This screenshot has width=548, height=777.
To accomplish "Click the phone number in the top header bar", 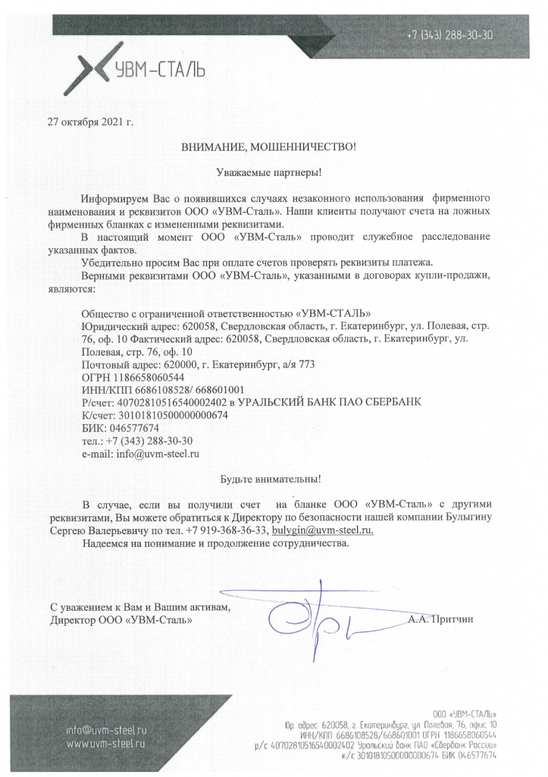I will [450, 35].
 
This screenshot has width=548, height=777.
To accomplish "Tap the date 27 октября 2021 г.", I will [90, 121].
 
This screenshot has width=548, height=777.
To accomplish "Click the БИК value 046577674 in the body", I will [134, 428].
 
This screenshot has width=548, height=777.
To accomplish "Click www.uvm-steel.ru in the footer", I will [105, 743].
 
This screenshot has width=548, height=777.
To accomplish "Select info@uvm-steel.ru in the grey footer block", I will [105, 729].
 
